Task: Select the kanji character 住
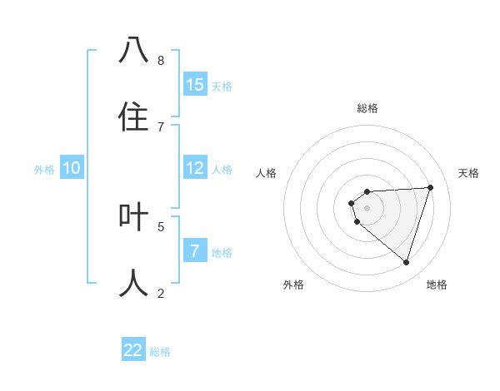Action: pos(133,116)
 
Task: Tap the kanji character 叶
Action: pos(133,216)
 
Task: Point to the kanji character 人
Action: pos(133,283)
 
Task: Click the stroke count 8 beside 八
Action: pos(161,60)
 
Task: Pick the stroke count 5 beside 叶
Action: pos(161,225)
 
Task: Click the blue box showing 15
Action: pos(195,85)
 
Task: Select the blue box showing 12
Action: pos(195,168)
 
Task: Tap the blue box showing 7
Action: pos(195,251)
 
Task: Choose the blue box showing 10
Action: pos(72,168)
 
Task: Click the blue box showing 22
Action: pos(133,350)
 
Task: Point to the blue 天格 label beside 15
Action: pos(222,86)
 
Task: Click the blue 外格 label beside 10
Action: pos(44,169)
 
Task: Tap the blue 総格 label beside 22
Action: pos(160,351)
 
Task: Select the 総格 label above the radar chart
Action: pos(367,108)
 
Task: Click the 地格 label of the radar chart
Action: pos(437,285)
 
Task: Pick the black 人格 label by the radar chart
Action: pos(267,173)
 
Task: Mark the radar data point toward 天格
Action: pos(430,187)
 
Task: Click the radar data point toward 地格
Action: pos(406,262)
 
